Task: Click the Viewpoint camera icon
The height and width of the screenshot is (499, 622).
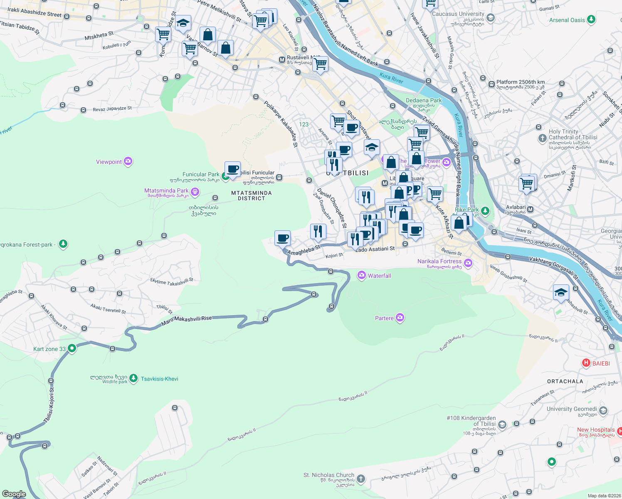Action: pyautogui.click(x=128, y=161)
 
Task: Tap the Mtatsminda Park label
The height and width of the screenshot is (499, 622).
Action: pyautogui.click(x=166, y=191)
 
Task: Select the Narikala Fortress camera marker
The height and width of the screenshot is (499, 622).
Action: pyautogui.click(x=468, y=262)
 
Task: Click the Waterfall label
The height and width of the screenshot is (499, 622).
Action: pyautogui.click(x=379, y=276)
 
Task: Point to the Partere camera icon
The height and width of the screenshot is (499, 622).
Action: pyautogui.click(x=400, y=318)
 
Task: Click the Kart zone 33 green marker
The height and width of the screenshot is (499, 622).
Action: pyautogui.click(x=72, y=348)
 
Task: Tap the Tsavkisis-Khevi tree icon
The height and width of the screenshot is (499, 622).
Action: pyautogui.click(x=133, y=378)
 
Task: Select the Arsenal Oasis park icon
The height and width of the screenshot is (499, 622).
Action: pyautogui.click(x=591, y=20)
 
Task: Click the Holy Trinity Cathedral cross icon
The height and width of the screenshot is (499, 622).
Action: pyautogui.click(x=542, y=138)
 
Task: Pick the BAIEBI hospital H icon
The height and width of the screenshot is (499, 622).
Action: pyautogui.click(x=586, y=363)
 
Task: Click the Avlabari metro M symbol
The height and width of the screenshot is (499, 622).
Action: pyautogui.click(x=530, y=210)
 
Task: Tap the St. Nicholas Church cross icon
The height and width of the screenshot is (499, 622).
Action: pyautogui.click(x=361, y=479)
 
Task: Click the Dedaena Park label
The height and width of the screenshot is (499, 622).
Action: pyautogui.click(x=424, y=100)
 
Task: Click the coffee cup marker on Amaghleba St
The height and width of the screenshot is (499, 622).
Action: pyautogui.click(x=283, y=238)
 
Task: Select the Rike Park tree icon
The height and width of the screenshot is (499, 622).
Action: pyautogui.click(x=485, y=211)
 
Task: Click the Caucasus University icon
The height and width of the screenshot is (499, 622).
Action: pyautogui.click(x=491, y=17)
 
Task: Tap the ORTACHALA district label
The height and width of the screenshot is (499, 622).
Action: pyautogui.click(x=565, y=381)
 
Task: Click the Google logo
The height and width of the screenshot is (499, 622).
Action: pyautogui.click(x=14, y=494)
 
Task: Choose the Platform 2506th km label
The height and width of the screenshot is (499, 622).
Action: pyautogui.click(x=520, y=82)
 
